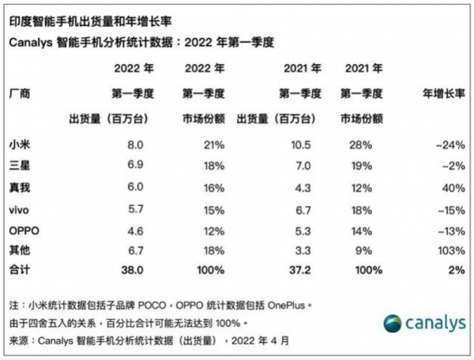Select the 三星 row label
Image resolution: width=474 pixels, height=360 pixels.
[x=19, y=164]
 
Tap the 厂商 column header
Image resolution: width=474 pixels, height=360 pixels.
[x=19, y=94]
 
